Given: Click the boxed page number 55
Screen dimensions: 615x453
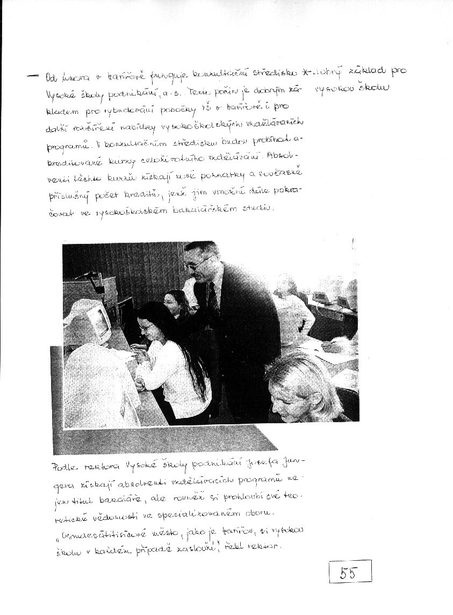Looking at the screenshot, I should (x=349, y=571).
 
